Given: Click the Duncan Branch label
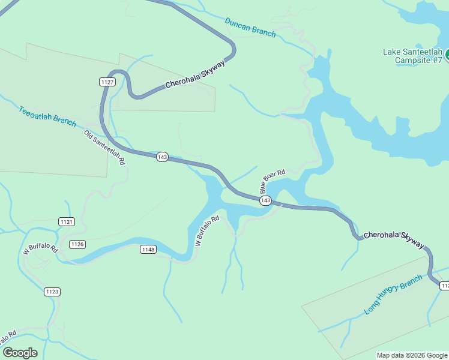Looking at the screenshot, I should [x=250, y=27].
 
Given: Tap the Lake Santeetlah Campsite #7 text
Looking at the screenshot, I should [x=412, y=55].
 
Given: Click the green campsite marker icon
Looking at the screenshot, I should [x=447, y=55].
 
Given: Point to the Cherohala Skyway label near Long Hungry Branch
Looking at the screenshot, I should [x=394, y=239].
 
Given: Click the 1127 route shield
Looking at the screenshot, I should [x=107, y=82].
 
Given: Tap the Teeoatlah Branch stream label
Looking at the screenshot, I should [x=47, y=116].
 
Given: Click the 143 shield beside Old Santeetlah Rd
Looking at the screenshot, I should [x=161, y=157].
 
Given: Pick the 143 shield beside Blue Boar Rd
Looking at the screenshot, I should [x=266, y=200].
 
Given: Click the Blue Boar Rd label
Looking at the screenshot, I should [x=273, y=181].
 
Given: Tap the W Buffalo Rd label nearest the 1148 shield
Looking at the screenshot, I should [x=208, y=231].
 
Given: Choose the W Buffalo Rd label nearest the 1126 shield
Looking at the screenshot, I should [x=40, y=249].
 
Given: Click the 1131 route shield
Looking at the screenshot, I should [x=67, y=221].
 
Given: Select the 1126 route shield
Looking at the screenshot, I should [x=77, y=244].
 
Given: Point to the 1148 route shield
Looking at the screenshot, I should [x=148, y=249].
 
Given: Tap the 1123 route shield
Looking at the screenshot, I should [x=52, y=292].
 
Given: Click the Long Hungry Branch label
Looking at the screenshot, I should [x=393, y=295].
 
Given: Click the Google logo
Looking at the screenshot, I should [x=20, y=353].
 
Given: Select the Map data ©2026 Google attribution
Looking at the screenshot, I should [x=412, y=355].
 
